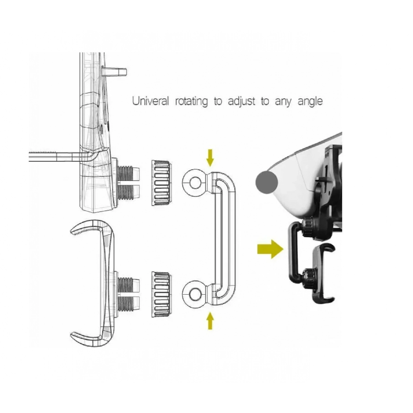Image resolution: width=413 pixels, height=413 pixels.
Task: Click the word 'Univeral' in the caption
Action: tap(150, 101)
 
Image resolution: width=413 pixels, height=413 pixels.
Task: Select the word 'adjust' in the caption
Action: tap(242, 102)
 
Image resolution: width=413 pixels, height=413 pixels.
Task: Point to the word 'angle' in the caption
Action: tap(310, 102)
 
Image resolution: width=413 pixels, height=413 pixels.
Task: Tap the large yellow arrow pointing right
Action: tap(270, 249)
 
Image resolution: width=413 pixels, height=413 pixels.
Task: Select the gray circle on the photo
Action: tap(267, 182)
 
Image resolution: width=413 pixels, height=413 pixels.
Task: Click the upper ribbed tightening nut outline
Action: tap(162, 183)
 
